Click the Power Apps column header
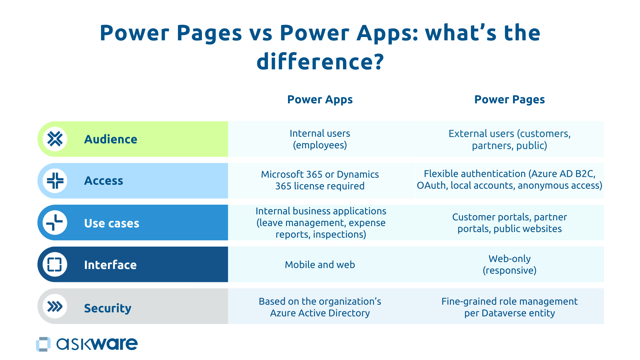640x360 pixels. (x=320, y=99)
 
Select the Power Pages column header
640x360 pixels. (x=509, y=99)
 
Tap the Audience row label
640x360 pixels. (x=110, y=139)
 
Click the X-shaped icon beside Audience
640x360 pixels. (x=55, y=139)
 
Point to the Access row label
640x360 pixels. (x=103, y=181)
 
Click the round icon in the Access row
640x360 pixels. (x=55, y=181)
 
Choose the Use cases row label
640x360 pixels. (x=111, y=223)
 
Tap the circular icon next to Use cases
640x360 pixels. (x=55, y=223)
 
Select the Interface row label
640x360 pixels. (x=110, y=265)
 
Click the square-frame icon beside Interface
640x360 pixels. (x=55, y=264)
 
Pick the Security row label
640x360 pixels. (x=107, y=308)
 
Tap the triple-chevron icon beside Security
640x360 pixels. (x=55, y=306)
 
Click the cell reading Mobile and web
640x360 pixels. (x=320, y=265)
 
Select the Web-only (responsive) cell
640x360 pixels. (x=509, y=264)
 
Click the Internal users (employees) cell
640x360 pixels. (x=320, y=139)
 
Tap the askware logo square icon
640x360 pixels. (x=43, y=344)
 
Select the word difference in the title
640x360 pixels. (x=315, y=62)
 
